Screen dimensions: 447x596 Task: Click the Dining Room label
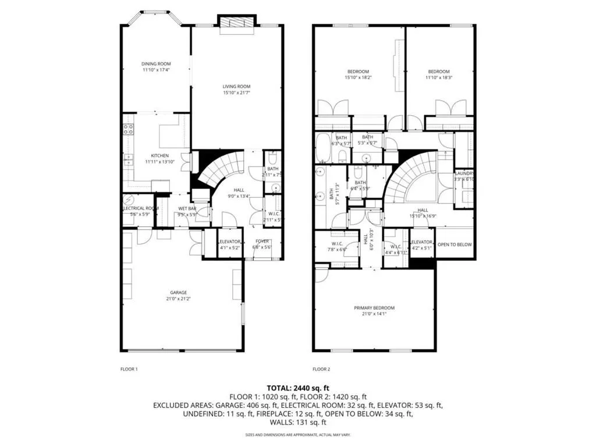156,63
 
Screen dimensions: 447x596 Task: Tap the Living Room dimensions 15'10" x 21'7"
236,93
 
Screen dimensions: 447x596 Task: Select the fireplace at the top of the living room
236,22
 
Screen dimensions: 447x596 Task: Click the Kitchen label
160,155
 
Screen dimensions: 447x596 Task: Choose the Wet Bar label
187,208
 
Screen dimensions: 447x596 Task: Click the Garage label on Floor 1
179,292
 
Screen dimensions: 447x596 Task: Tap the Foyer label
262,241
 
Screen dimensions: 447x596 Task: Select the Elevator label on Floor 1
229,242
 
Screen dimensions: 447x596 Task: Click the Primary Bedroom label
374,308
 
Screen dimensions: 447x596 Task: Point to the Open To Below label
454,244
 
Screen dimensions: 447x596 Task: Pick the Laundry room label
464,173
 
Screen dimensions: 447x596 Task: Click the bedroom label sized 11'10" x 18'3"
437,72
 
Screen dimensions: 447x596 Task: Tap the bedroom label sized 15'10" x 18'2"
357,72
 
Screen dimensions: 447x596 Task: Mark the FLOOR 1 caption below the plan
129,369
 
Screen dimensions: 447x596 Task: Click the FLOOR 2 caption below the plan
321,369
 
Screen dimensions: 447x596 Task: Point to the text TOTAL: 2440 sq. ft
297,387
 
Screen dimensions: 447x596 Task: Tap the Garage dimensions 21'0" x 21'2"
179,299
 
